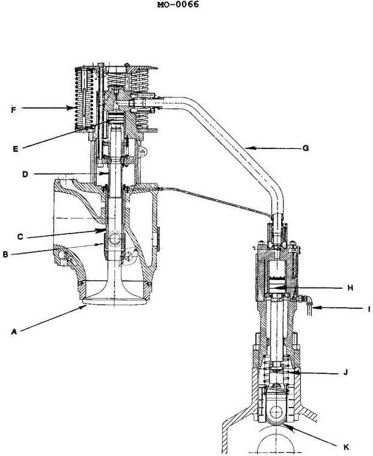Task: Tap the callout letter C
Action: pos(20,236)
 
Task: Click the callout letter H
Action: pos(350,287)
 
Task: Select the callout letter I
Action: pos(369,310)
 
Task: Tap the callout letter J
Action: pos(346,373)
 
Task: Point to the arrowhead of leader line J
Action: pos(288,372)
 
